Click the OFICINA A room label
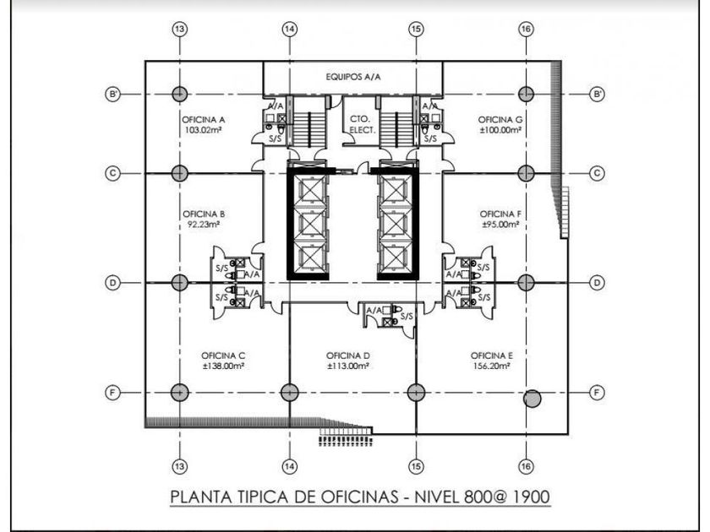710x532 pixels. pyautogui.click(x=204, y=119)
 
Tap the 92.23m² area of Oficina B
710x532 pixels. pyautogui.click(x=204, y=225)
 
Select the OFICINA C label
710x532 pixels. pyautogui.click(x=223, y=355)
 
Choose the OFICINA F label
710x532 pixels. pyautogui.click(x=500, y=214)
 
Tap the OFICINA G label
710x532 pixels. pyautogui.click(x=500, y=119)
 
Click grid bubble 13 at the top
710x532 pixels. pyautogui.click(x=179, y=29)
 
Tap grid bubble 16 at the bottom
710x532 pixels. pyautogui.click(x=526, y=465)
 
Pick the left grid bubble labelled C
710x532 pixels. pyautogui.click(x=112, y=173)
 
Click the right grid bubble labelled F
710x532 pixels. pyautogui.click(x=597, y=393)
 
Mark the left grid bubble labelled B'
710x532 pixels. pyautogui.click(x=112, y=94)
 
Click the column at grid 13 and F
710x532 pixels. pyautogui.click(x=179, y=393)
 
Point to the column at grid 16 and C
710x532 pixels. pyautogui.click(x=526, y=173)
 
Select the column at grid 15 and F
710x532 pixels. pyautogui.click(x=415, y=393)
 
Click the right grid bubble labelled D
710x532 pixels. pyautogui.click(x=597, y=283)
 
